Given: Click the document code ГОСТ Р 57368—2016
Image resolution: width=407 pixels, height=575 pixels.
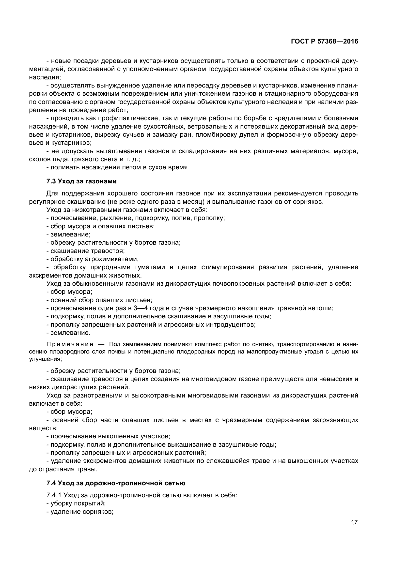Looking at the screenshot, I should click(325, 41).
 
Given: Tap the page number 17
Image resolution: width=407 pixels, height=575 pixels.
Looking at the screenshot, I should click(354, 522).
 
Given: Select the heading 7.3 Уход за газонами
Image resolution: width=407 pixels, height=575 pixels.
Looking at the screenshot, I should click(81, 181).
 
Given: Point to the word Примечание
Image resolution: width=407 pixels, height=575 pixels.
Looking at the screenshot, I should click(70, 344).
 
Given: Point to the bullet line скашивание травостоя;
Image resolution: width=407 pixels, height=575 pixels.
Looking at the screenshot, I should click(85, 251).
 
